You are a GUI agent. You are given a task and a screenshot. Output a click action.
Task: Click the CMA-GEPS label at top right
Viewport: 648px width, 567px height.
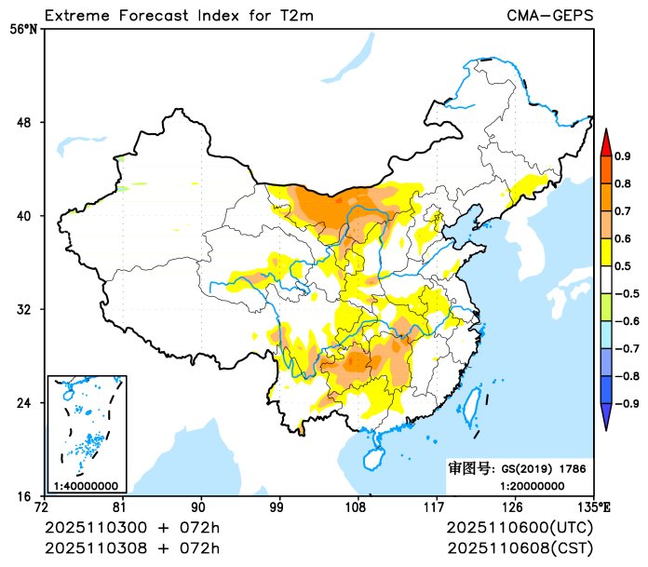tap(550, 16)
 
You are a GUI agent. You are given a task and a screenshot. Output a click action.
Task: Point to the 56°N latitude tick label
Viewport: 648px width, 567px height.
tap(24, 29)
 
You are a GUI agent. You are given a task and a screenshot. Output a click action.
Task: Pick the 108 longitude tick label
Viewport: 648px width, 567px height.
tap(357, 507)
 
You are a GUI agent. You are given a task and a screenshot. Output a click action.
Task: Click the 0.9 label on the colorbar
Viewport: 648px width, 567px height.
tap(622, 155)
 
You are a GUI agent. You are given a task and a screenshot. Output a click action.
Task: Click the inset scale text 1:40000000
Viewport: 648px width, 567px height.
tap(86, 485)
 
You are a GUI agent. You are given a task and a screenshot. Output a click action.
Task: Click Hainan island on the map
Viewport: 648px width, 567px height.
tap(371, 457)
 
